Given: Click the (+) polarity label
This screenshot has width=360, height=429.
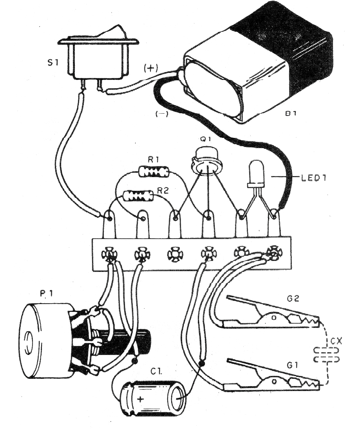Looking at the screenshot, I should (x=151, y=68).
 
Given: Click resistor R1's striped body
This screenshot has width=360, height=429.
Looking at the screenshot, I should (x=154, y=171).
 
